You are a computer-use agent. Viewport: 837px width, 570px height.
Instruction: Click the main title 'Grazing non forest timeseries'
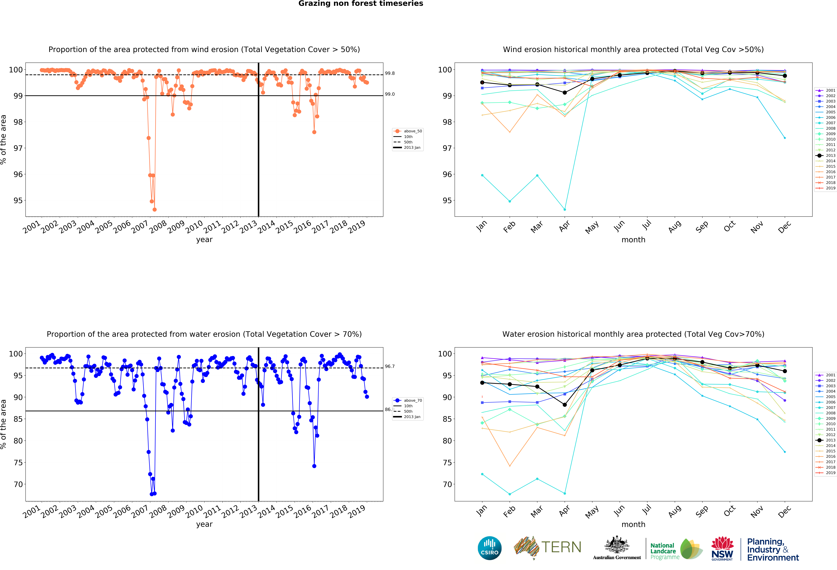click(361, 4)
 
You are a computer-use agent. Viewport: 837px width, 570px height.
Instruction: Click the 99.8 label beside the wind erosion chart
click(390, 73)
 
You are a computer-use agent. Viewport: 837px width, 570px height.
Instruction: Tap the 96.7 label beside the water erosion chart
click(390, 366)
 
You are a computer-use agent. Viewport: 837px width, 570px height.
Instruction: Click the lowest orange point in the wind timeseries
click(154, 209)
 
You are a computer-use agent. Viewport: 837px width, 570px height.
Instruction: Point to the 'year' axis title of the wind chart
click(204, 240)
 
